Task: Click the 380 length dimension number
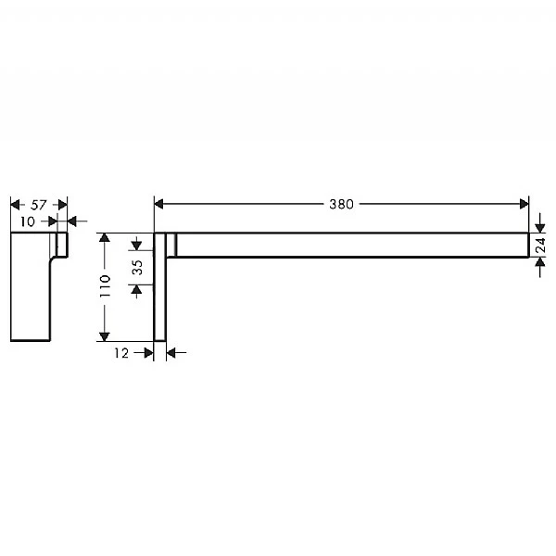point(341,204)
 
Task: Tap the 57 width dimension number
point(38,205)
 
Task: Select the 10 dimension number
point(27,222)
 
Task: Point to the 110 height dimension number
point(106,285)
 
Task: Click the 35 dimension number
point(137,268)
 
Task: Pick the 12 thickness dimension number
point(121,353)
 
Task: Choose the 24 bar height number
point(540,245)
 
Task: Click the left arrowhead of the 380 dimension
point(158,204)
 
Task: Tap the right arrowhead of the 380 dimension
point(524,204)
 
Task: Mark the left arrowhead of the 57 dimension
point(15,205)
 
